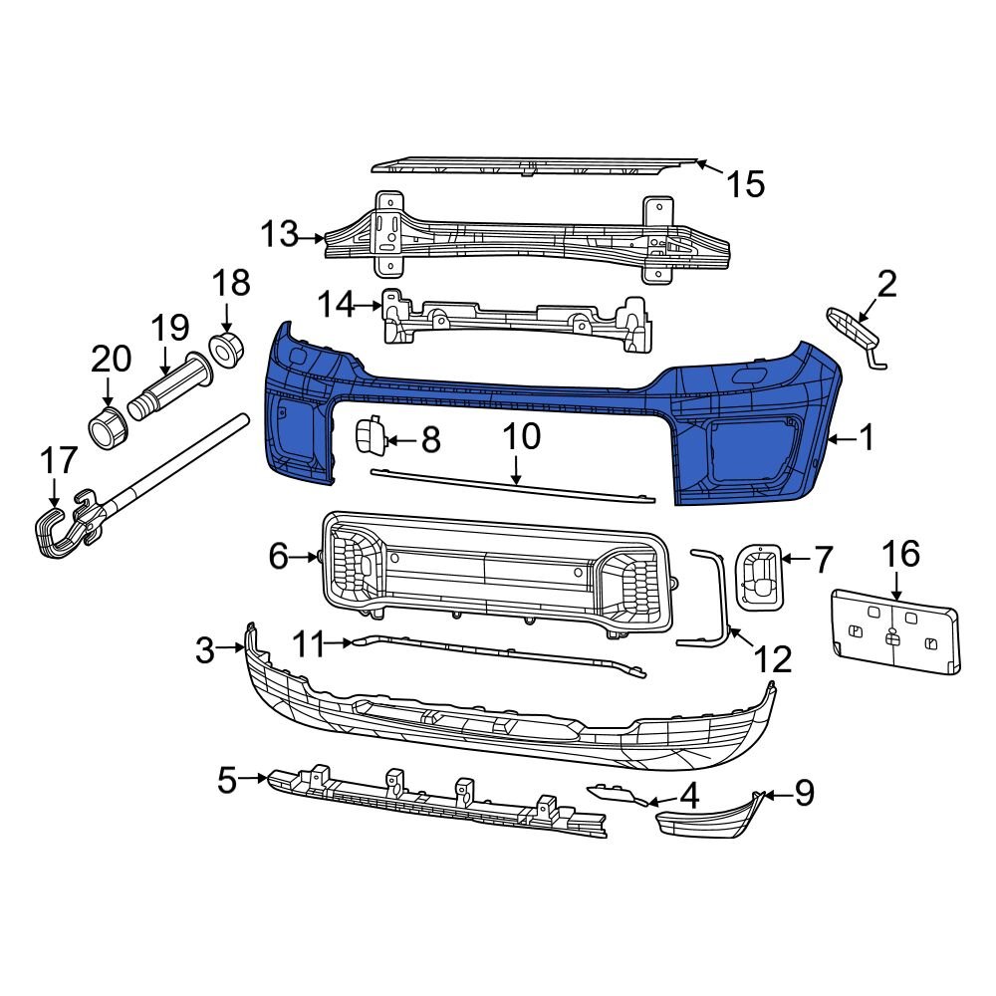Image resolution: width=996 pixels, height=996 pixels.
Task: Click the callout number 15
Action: click(x=744, y=183)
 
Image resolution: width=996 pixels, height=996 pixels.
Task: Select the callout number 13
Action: click(x=280, y=235)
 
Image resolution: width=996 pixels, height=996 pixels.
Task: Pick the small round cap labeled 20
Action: click(x=107, y=426)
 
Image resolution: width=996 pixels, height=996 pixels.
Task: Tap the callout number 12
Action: click(x=772, y=658)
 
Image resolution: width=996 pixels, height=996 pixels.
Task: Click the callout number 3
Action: click(x=205, y=651)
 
